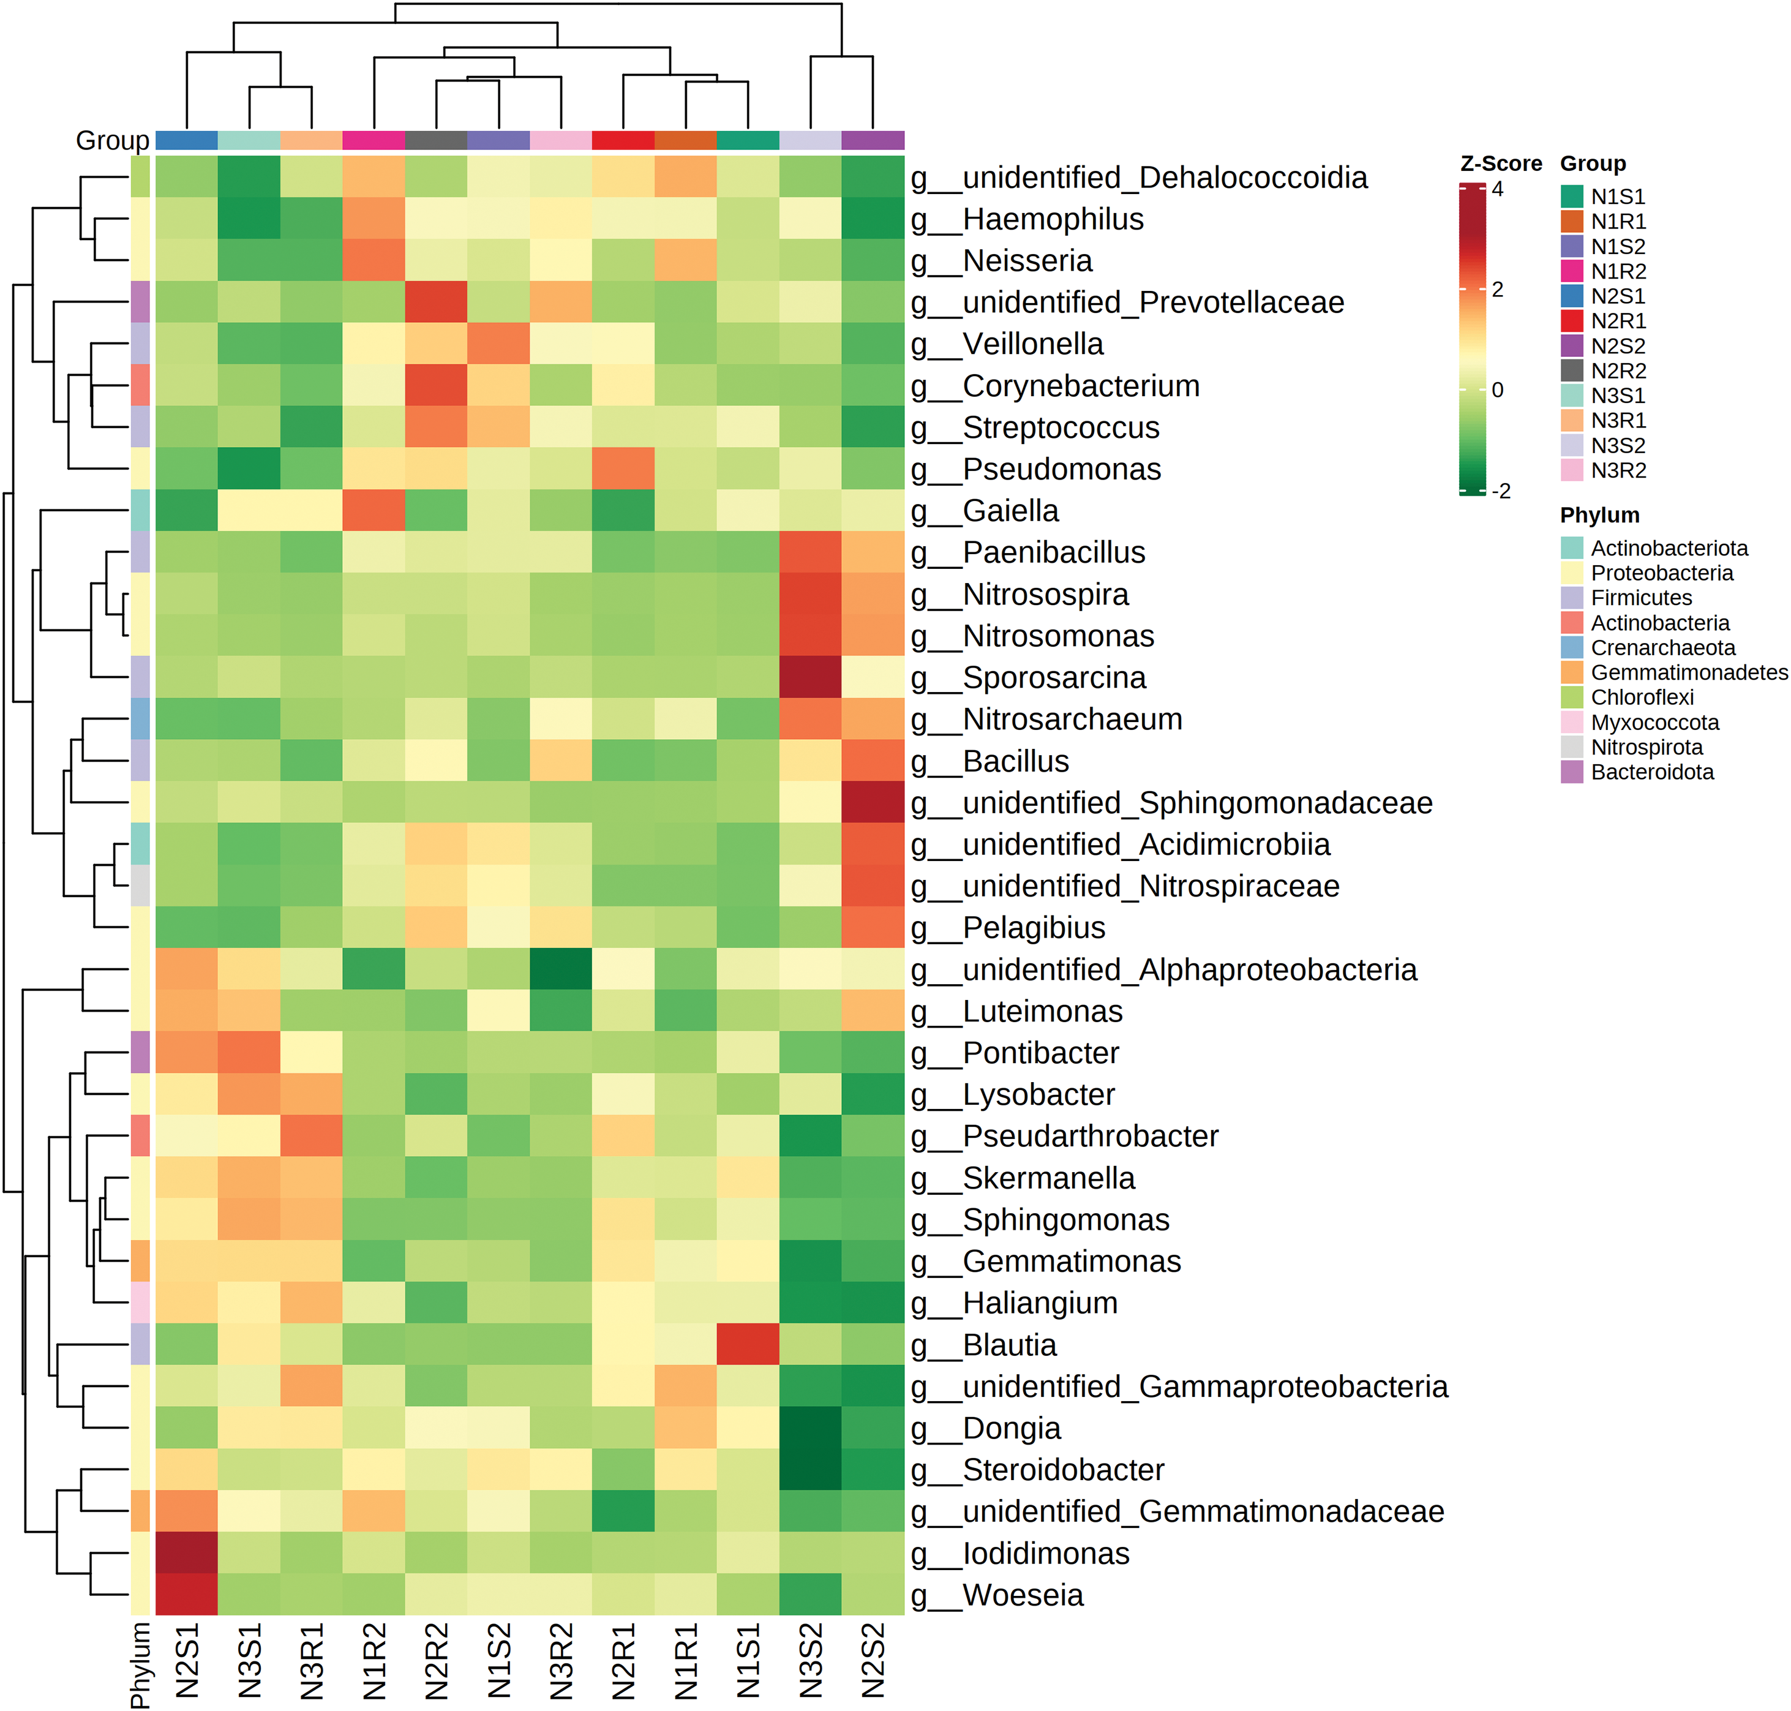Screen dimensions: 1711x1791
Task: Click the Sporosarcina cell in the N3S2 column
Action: (811, 678)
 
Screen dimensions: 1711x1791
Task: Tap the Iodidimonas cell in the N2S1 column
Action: (187, 1553)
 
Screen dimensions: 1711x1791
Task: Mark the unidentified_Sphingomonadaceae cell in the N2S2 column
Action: (873, 803)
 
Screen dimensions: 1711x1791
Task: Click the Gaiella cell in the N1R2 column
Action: (374, 511)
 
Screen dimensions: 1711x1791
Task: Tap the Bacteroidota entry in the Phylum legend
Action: (1651, 772)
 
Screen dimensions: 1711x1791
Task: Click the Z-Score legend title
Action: (1500, 164)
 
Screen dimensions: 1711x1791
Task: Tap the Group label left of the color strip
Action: (112, 140)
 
